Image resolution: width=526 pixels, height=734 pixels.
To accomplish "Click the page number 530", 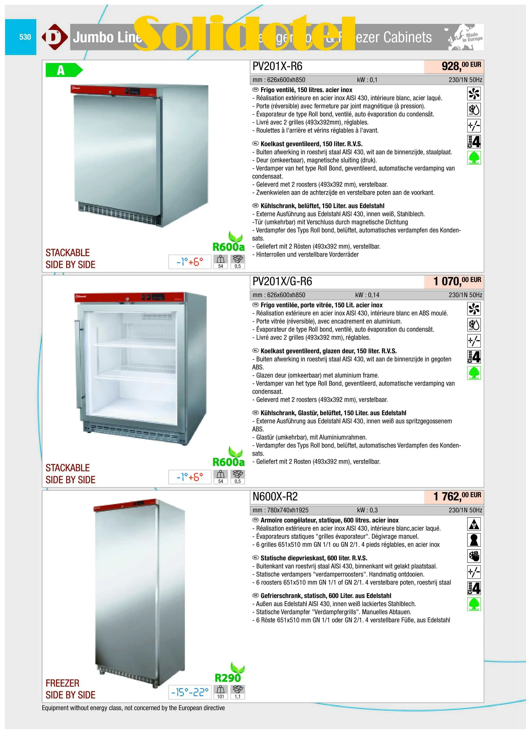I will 25,37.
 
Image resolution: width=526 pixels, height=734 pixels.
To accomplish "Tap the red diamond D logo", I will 54,37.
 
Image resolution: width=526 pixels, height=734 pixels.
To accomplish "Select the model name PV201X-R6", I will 277,66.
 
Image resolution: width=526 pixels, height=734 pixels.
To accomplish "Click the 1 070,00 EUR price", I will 457,281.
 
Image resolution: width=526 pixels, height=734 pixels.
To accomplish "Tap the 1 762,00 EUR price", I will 457,496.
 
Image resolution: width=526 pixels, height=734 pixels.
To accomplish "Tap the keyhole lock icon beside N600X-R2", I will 474,540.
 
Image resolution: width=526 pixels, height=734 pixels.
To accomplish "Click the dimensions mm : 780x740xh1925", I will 280,510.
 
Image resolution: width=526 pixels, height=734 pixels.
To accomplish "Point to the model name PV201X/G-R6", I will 282,281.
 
